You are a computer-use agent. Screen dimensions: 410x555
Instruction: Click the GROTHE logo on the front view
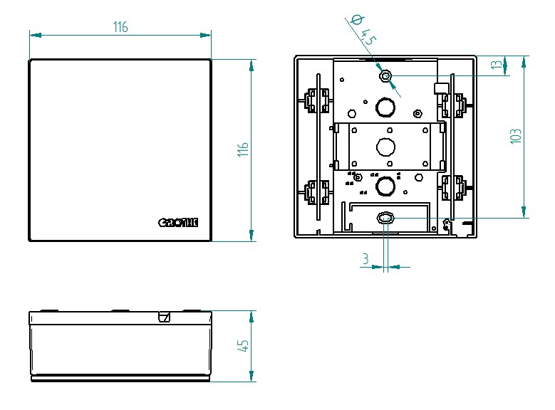click(x=177, y=223)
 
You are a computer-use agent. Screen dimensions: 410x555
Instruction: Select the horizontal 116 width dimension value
click(x=120, y=27)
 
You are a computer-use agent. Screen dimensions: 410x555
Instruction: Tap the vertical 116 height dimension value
click(x=243, y=150)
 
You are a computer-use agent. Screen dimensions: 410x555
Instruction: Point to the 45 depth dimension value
click(x=243, y=346)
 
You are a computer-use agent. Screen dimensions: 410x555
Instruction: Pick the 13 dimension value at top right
click(x=496, y=65)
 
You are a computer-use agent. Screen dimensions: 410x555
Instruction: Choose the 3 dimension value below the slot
click(x=365, y=260)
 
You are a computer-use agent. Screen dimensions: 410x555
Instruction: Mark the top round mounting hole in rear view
click(x=385, y=75)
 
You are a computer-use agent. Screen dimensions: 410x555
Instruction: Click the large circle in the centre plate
click(x=385, y=147)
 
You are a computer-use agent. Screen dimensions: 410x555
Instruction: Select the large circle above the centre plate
click(x=385, y=107)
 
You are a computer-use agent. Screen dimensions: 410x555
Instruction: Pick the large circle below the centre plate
click(x=385, y=186)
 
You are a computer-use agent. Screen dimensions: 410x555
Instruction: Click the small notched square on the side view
click(x=165, y=317)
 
